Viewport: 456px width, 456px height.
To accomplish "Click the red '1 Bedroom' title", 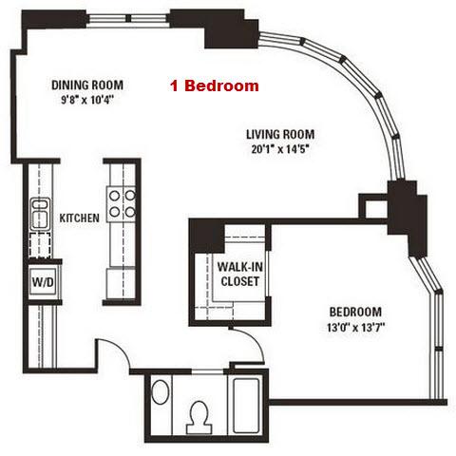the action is click(215, 85).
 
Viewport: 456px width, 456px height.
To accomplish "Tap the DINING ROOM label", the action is click(87, 85).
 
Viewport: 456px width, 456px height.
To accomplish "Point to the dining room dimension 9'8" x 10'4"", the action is click(87, 100).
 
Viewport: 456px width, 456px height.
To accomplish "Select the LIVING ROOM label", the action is click(280, 134).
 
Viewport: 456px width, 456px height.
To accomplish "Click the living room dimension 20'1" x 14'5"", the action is click(280, 149).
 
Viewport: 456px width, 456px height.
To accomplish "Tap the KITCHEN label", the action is click(80, 218).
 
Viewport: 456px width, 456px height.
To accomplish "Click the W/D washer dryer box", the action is click(43, 282).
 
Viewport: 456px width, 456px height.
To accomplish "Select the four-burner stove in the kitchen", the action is click(122, 204).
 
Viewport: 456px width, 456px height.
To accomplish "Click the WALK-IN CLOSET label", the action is click(240, 274).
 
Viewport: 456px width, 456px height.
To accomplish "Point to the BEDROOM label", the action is click(355, 312).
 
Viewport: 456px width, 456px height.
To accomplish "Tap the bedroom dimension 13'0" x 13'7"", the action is click(355, 327).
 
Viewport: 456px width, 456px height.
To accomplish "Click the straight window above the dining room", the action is click(128, 18).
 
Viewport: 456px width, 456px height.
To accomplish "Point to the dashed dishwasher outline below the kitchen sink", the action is click(40, 245).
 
